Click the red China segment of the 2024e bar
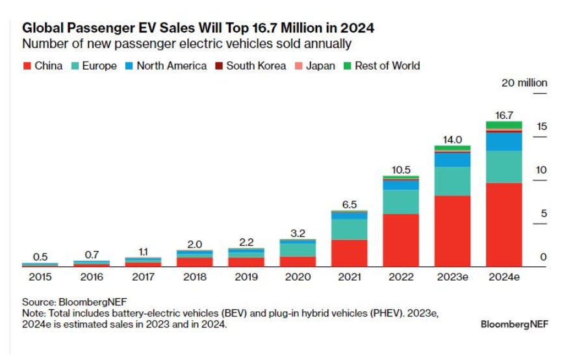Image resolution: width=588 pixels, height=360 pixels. click(504, 224)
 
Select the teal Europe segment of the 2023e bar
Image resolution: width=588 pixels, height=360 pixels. click(452, 181)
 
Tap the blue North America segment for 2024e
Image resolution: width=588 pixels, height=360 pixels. click(504, 142)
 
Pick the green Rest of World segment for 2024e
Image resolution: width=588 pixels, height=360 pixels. click(504, 125)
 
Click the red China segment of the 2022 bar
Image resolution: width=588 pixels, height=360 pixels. click(400, 240)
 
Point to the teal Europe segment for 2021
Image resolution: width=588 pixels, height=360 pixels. click(349, 229)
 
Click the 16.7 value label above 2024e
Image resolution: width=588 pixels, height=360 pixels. click(504, 115)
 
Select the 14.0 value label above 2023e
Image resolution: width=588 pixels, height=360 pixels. click(452, 139)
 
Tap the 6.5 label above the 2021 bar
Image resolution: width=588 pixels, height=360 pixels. click(349, 204)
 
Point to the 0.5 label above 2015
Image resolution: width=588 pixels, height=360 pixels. click(40, 257)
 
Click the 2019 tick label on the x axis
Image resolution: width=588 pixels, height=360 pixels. click(246, 277)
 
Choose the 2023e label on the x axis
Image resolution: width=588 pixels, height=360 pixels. click(452, 277)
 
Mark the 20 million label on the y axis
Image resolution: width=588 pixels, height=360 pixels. click(524, 83)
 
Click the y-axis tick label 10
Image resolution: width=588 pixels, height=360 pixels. click(541, 170)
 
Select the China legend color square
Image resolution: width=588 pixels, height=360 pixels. click(27, 66)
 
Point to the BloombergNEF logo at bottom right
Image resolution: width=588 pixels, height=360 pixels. click(514, 324)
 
